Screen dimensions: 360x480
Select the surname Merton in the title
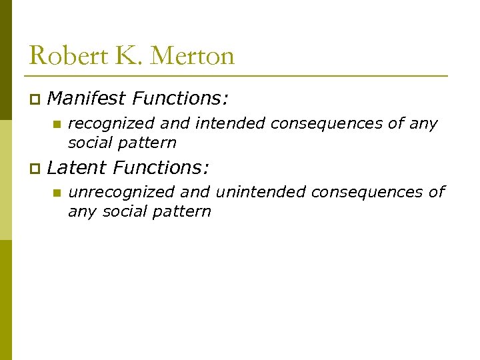pyautogui.click(x=193, y=55)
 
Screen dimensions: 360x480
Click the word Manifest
pyautogui.click(x=87, y=99)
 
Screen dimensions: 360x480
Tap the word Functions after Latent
pyautogui.click(x=161, y=167)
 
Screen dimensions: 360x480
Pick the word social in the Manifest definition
pyautogui.click(x=91, y=143)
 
